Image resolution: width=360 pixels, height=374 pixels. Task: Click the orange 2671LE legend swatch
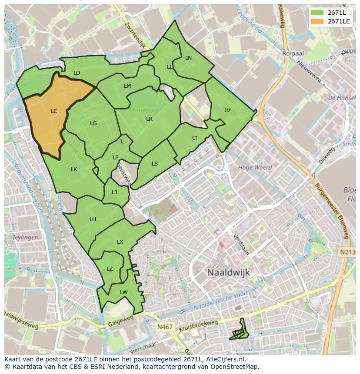tap(317, 21)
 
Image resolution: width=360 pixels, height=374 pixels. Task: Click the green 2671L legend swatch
tap(317, 12)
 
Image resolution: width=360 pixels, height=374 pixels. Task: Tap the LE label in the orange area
tap(54, 111)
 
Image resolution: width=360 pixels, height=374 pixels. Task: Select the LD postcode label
tap(77, 73)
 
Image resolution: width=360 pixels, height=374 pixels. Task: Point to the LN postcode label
tap(188, 58)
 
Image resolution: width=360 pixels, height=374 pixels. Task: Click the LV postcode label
tap(227, 110)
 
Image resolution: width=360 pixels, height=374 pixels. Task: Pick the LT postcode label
tap(195, 138)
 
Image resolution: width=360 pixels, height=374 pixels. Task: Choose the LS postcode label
tap(155, 164)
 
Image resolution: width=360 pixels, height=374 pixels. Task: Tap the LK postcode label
tap(74, 169)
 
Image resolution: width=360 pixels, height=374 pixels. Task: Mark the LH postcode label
tap(93, 219)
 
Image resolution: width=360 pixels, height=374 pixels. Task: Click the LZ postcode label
tap(110, 269)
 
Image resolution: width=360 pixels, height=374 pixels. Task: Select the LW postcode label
tap(124, 292)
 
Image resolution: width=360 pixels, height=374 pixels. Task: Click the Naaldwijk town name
tap(228, 272)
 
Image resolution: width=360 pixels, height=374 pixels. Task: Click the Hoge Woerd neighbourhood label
tap(255, 167)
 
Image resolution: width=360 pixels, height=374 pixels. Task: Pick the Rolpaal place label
tap(293, 53)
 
